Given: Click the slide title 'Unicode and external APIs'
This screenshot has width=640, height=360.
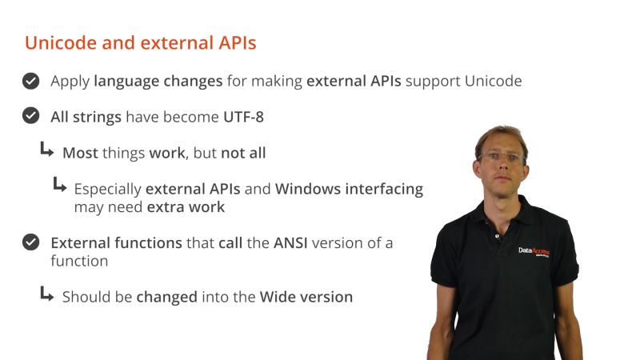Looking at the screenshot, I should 140,43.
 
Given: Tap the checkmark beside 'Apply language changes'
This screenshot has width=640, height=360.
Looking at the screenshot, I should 30,81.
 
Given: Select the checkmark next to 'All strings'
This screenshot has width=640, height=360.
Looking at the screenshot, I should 30,116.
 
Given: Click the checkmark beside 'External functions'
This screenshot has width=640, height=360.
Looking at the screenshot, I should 30,242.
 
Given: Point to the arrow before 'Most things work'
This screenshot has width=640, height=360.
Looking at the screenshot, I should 47,150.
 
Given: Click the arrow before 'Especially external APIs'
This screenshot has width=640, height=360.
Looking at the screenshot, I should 59,186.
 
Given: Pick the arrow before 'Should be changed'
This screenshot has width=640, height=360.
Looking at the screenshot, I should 47,294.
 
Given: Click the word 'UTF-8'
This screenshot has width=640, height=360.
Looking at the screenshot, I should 243,117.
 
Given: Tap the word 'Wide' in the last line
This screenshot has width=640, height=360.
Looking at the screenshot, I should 277,297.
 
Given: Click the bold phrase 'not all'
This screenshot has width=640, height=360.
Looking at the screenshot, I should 243,153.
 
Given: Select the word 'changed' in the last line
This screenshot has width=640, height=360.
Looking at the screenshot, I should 166,297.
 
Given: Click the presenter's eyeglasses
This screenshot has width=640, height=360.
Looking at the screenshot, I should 502,158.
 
